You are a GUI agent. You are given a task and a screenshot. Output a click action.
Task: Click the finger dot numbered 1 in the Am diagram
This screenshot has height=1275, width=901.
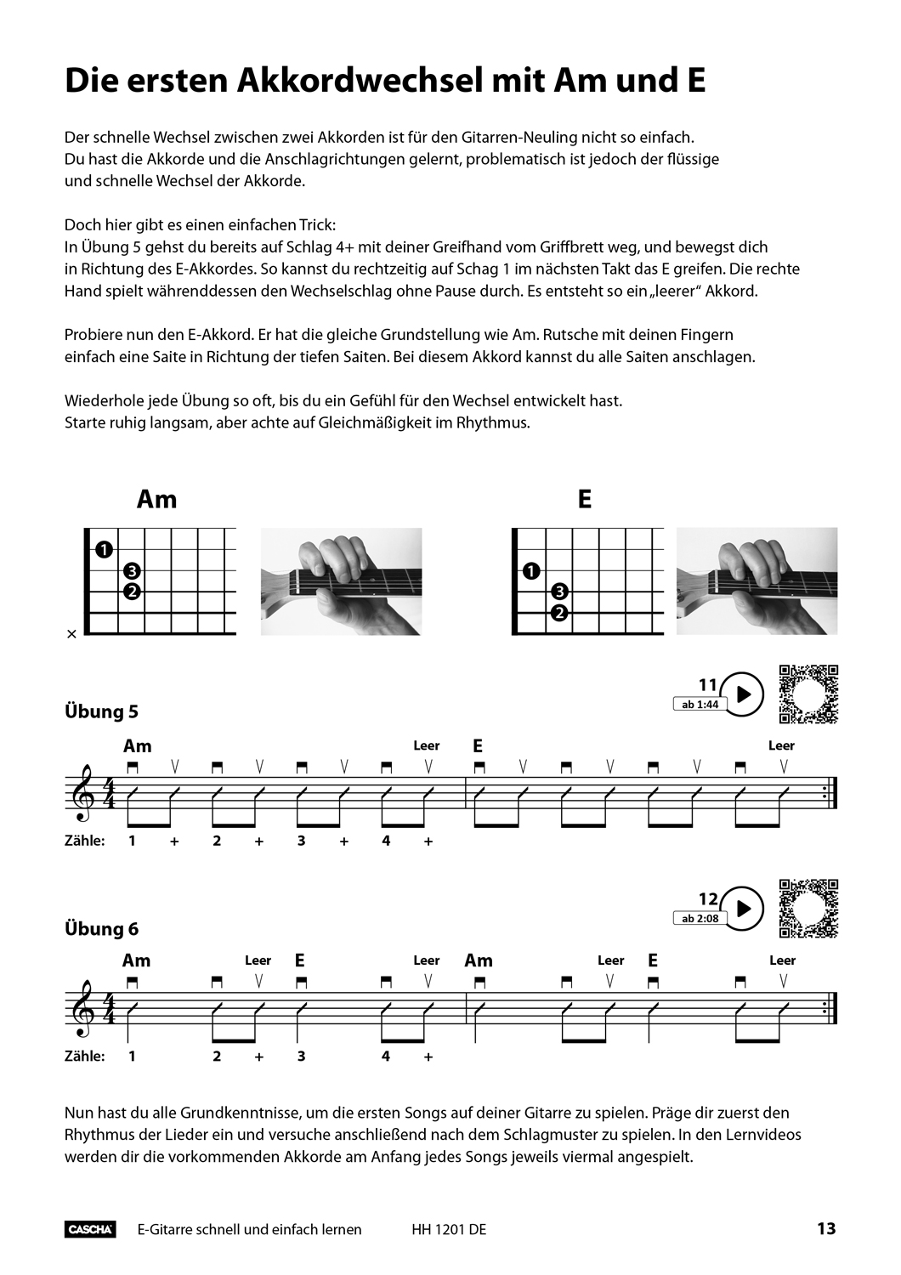[x=104, y=550]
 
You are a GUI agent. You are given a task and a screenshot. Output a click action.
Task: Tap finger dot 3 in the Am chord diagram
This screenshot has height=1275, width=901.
[x=132, y=571]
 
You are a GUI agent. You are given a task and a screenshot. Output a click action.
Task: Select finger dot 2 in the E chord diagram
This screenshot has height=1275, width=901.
[x=559, y=613]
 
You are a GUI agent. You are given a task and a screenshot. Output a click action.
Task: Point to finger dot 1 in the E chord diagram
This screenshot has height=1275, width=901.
[x=531, y=571]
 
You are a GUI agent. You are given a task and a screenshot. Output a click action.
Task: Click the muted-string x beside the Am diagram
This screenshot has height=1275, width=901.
[x=71, y=634]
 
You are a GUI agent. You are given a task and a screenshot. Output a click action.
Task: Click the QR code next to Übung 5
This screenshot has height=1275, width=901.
[x=808, y=694]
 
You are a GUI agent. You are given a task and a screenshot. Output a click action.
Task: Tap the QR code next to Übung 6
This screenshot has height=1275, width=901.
[x=808, y=909]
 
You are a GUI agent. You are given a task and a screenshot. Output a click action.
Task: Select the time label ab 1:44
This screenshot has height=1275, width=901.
[x=700, y=705]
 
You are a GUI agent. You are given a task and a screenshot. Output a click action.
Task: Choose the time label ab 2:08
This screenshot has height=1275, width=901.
[x=700, y=919]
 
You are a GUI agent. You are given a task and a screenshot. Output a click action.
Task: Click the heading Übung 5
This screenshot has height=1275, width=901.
[x=101, y=711]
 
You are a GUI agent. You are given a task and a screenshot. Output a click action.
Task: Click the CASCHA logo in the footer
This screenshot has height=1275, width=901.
[x=90, y=1229]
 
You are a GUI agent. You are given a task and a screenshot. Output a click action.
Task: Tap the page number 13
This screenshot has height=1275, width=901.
[x=826, y=1228]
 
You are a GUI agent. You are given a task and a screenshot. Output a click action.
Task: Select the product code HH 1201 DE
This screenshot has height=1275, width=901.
[x=449, y=1229]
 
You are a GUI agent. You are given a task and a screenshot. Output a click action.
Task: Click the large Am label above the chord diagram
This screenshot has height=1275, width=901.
[x=157, y=499]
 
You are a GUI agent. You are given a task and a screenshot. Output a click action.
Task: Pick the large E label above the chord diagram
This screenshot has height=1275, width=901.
[x=584, y=499]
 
